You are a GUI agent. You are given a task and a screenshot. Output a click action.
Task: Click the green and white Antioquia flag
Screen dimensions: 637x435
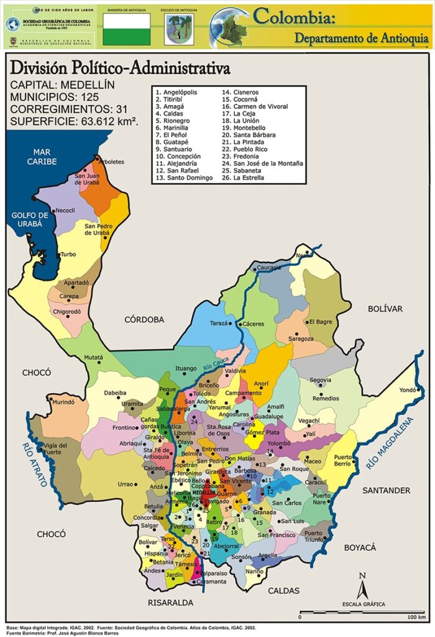[x=126, y=29]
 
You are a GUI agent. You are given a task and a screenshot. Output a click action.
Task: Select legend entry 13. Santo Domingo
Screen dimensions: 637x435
[x=185, y=178]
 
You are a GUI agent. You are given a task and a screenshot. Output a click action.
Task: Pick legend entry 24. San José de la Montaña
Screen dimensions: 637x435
[x=263, y=163]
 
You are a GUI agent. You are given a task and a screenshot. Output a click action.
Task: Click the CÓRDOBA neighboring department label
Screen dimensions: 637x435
[x=144, y=320]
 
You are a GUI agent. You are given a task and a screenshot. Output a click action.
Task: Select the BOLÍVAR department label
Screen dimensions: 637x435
[x=385, y=309]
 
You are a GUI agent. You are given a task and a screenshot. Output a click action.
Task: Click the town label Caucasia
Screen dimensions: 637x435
[x=269, y=267]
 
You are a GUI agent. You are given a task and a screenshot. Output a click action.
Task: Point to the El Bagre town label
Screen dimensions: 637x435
[x=320, y=322]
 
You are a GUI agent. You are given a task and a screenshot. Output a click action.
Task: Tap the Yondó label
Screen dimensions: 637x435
[x=407, y=390]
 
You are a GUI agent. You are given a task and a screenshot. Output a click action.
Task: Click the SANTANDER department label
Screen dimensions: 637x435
[x=387, y=490]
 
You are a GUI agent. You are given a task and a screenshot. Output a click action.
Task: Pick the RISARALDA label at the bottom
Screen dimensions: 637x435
[x=170, y=603]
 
